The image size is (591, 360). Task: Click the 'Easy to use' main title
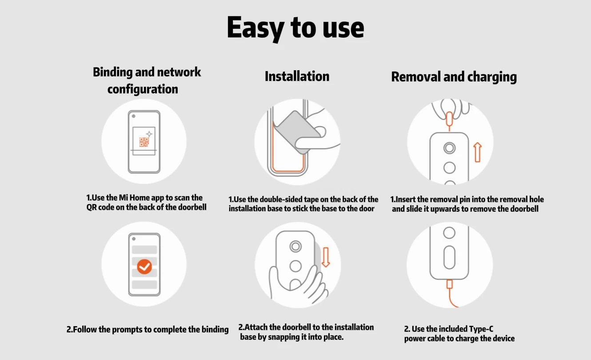pos(295,28)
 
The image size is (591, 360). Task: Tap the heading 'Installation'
pos(297,76)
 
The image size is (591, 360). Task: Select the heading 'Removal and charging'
pos(454,77)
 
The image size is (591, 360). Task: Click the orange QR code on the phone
pos(144,142)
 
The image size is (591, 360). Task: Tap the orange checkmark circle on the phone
pos(144,267)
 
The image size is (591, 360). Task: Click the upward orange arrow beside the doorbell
pos(478,152)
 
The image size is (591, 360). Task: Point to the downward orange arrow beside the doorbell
pos(326,257)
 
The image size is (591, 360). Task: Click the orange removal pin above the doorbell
pos(449,119)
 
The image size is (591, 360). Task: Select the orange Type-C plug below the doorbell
pos(450,284)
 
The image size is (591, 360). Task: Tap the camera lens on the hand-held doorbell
pos(295,247)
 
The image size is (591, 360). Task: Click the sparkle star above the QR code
pos(149,134)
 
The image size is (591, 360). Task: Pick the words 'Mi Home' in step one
pos(131,198)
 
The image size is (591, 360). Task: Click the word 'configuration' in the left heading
pos(143,89)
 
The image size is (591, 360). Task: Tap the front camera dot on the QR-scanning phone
pos(133,116)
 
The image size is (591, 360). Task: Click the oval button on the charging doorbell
pos(449,258)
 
